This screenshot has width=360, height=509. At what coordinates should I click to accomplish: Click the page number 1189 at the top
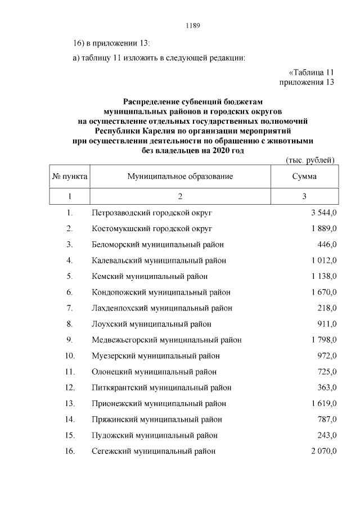coord(193,26)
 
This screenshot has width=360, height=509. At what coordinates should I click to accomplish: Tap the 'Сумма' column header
coord(304,177)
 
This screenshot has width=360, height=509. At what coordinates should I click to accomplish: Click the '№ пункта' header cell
coord(70,177)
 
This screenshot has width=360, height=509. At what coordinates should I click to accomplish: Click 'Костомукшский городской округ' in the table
coord(152,229)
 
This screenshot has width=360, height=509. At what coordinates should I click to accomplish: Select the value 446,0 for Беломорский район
coord(326,245)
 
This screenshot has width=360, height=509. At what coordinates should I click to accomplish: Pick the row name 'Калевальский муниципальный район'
coord(159,260)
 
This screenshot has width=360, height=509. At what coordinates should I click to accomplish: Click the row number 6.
coord(70,292)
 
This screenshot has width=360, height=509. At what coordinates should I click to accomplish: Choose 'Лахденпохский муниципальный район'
coord(162,308)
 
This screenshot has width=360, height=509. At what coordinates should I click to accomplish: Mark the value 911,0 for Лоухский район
coord(326,324)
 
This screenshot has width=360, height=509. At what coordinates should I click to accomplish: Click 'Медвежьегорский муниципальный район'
coord(166,340)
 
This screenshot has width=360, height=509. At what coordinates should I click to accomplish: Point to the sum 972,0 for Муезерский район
coord(326,356)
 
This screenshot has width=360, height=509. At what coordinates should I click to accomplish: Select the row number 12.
coord(70,388)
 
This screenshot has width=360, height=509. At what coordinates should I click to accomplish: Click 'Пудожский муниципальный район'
coord(155,435)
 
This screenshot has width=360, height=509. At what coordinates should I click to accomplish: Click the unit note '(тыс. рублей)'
coord(310,160)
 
